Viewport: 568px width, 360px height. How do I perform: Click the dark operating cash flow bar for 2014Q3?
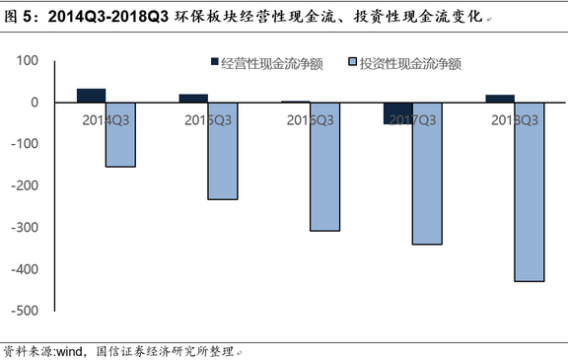(x=91, y=96)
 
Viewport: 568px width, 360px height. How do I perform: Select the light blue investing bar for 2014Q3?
(x=120, y=134)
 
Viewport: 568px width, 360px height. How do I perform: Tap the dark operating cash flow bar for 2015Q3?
(x=193, y=98)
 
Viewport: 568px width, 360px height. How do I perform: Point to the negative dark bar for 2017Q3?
(x=398, y=112)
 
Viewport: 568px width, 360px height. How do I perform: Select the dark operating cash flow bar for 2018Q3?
(x=500, y=99)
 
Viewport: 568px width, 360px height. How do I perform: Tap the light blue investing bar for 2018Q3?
(x=530, y=191)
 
